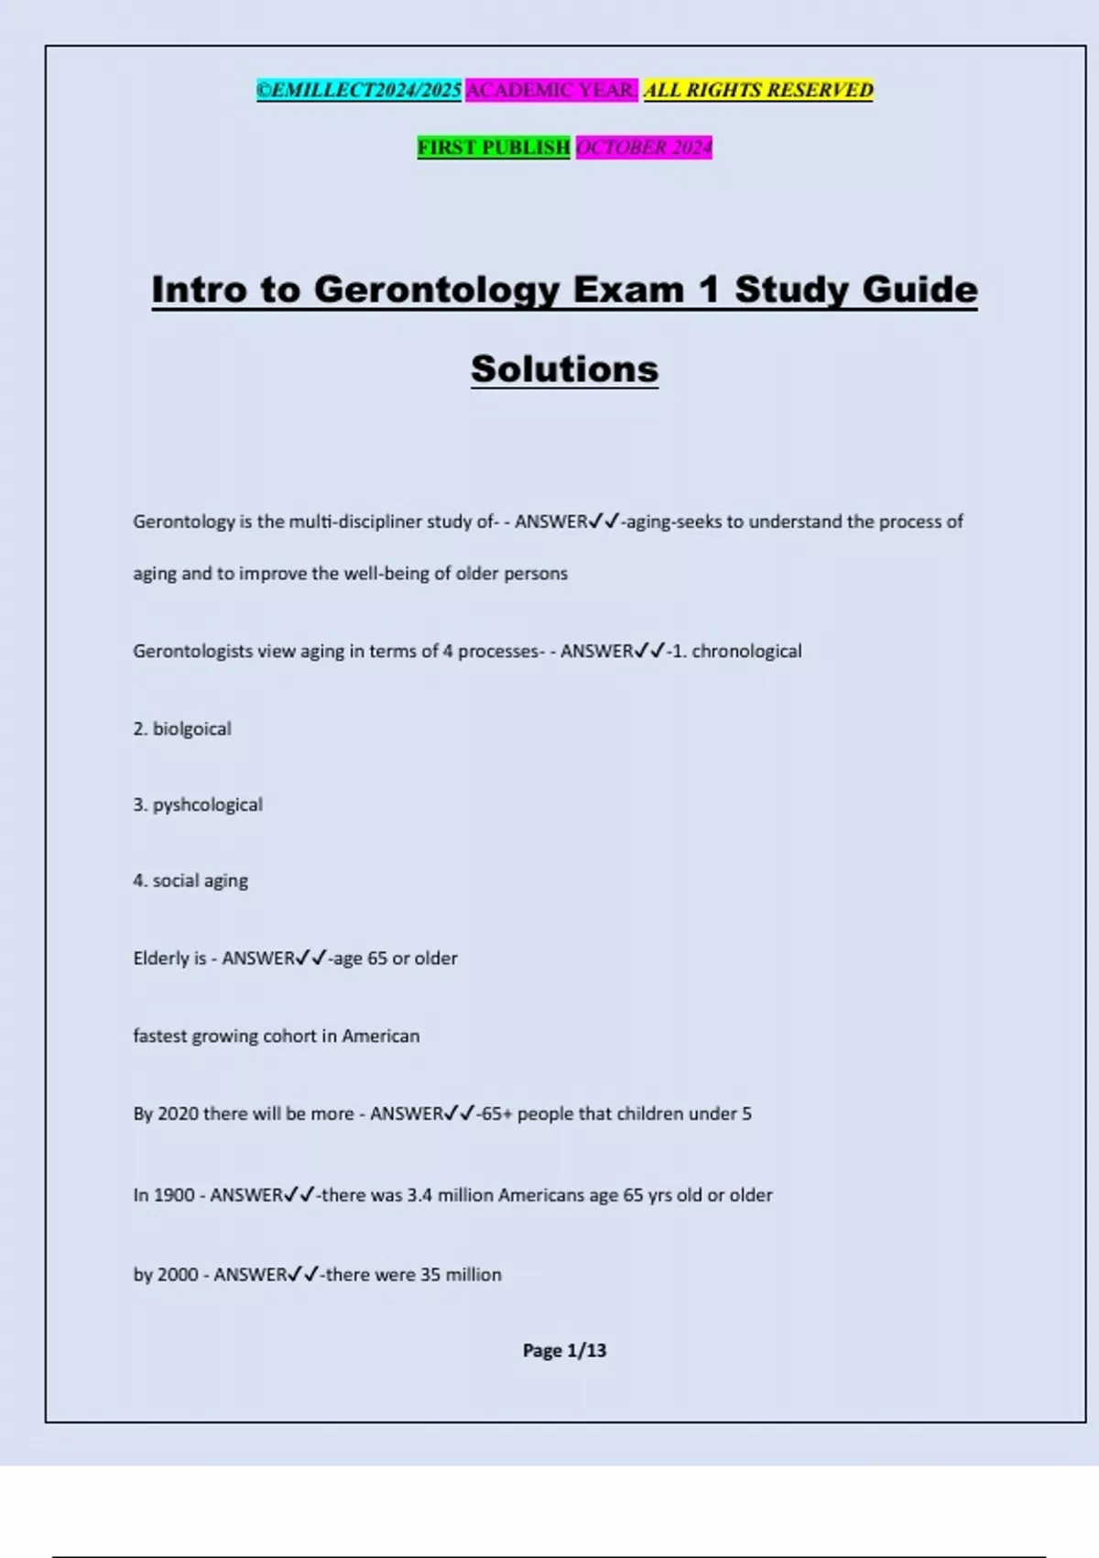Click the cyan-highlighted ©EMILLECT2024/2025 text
click(x=359, y=90)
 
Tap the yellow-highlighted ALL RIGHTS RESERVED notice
click(x=758, y=90)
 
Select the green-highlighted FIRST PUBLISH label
click(x=494, y=147)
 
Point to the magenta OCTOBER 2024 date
click(x=644, y=147)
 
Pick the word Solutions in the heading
click(x=564, y=368)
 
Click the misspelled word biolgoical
click(x=191, y=729)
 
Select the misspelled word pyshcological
click(x=207, y=805)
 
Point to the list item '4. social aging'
click(x=190, y=881)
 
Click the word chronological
click(x=746, y=651)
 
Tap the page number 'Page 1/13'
click(x=564, y=1350)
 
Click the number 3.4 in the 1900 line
click(x=419, y=1195)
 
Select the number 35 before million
click(x=430, y=1275)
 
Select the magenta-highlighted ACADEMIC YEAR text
click(x=551, y=90)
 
